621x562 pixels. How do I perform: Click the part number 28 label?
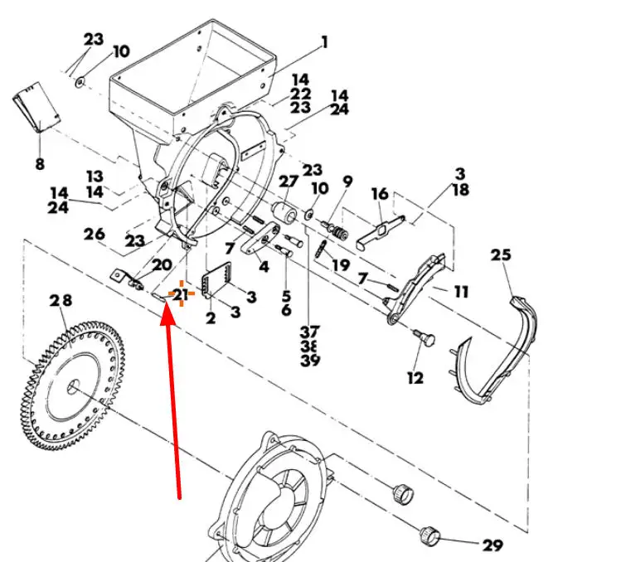[61, 301]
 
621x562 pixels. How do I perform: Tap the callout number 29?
[492, 545]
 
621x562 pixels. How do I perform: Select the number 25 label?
[501, 254]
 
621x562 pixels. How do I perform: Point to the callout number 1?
[325, 42]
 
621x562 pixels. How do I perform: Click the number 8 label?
[40, 163]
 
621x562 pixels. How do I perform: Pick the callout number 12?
[415, 378]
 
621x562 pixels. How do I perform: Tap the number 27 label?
[289, 182]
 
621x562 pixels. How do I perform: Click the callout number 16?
[381, 194]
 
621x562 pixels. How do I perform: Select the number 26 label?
[95, 234]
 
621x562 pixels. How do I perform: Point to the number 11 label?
[461, 293]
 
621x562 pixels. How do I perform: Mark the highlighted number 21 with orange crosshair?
[181, 294]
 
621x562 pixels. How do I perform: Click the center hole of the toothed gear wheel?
[73, 385]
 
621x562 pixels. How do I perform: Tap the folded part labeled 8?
[37, 107]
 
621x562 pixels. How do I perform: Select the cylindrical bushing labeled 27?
[284, 213]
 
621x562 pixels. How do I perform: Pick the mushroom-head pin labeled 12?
[425, 337]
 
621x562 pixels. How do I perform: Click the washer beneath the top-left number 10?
[80, 82]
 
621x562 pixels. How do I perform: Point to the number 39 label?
[310, 361]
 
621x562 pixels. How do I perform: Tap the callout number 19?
[342, 265]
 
